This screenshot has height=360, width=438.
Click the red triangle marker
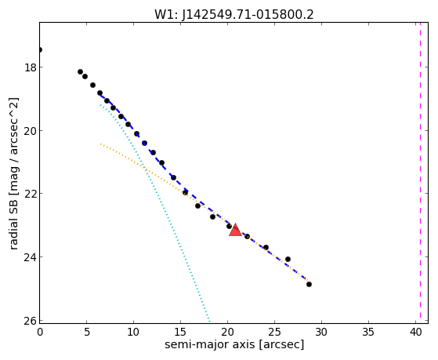[235, 231]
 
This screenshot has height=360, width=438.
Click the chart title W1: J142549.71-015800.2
[234, 15]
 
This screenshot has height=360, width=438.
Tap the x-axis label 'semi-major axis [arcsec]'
[234, 344]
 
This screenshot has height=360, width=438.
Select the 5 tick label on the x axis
[87, 333]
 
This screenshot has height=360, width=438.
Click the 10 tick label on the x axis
[133, 333]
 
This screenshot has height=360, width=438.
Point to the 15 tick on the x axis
[180, 333]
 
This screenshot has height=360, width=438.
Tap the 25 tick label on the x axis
[274, 333]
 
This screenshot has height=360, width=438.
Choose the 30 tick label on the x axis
[321, 333]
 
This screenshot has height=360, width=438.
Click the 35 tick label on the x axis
[368, 333]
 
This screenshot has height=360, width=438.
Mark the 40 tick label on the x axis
[415, 333]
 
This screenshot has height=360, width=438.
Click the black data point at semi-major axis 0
[40, 49]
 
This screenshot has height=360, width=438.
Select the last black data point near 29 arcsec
[309, 284]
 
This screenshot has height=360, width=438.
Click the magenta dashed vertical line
[420, 173]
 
